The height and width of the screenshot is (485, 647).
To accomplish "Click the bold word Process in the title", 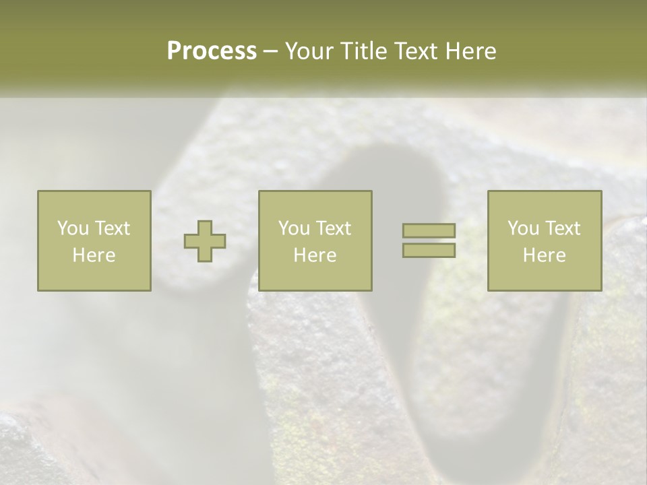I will click(x=212, y=51).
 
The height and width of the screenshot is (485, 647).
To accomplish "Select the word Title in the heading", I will click(x=363, y=51).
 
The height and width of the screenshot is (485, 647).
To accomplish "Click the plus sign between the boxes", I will click(x=205, y=241).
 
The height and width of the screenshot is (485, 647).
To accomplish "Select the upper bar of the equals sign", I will click(x=429, y=230).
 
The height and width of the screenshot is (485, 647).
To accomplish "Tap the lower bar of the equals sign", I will click(x=429, y=251).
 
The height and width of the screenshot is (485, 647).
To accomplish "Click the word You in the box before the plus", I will click(x=73, y=228).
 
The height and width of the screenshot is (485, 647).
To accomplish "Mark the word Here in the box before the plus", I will click(x=94, y=255).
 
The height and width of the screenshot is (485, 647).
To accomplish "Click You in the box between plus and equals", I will click(x=294, y=228).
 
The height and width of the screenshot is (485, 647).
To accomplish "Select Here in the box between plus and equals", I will click(x=315, y=255).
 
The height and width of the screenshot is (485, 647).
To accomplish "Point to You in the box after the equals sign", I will click(x=523, y=228).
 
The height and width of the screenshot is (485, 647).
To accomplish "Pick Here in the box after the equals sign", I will click(x=544, y=255).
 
